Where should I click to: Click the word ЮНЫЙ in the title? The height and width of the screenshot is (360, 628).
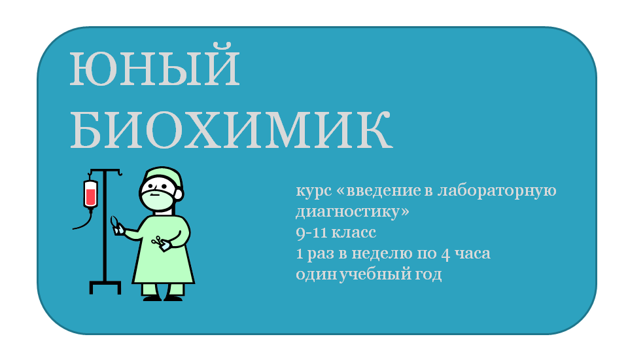154,67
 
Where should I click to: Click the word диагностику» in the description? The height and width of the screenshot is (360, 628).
353,211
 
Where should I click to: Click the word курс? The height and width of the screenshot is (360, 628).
313,191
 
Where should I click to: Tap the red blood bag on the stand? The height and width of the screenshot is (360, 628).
90,194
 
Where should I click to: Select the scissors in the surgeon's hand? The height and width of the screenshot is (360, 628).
158,241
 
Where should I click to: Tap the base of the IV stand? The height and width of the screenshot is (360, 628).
105,287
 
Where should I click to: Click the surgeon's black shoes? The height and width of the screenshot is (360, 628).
163,298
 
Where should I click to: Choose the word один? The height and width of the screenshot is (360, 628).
317,275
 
